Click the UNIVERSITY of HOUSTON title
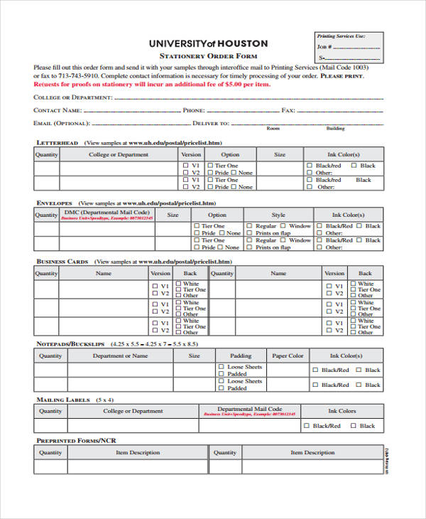click(208, 43)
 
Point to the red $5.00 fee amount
click(229, 84)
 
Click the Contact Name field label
click(57, 110)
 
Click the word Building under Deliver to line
click(335, 129)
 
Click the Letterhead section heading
click(58, 143)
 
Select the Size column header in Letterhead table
click(280, 154)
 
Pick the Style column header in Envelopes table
click(278, 214)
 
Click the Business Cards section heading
click(62, 262)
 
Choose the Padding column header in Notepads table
click(241, 355)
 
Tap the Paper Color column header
click(288, 355)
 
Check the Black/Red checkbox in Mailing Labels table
click(307, 426)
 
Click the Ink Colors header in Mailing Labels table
click(342, 411)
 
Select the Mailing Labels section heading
click(63, 400)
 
